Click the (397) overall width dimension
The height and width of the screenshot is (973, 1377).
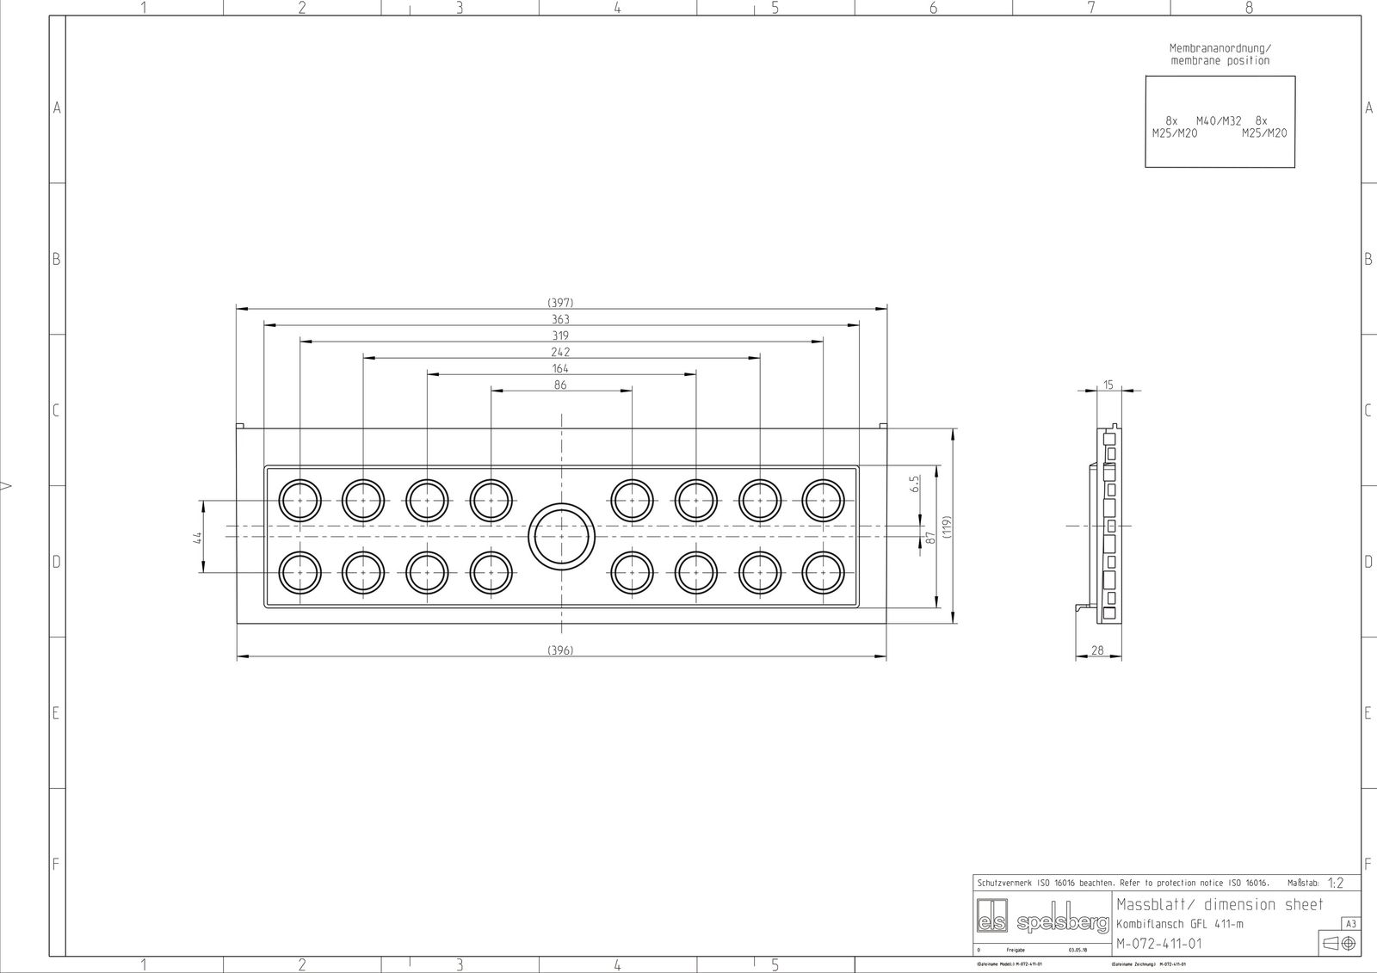pyautogui.click(x=560, y=303)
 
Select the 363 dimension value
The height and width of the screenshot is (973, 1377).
pyautogui.click(x=560, y=319)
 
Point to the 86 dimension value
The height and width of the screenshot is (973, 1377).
pyautogui.click(x=560, y=385)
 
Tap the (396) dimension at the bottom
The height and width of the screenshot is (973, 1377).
pyautogui.click(x=560, y=650)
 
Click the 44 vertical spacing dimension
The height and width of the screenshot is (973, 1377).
pyautogui.click(x=197, y=537)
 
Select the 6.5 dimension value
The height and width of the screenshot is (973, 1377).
pyautogui.click(x=915, y=483)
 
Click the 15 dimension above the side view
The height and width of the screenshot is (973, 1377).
pyautogui.click(x=1108, y=385)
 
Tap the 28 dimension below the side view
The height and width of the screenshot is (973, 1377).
pyautogui.click(x=1097, y=650)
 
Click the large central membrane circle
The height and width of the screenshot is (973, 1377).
pyautogui.click(x=561, y=535)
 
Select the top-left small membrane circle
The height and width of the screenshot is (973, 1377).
pyautogui.click(x=299, y=500)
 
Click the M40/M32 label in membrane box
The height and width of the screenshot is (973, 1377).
pyautogui.click(x=1219, y=121)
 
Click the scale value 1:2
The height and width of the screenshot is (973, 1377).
pyautogui.click(x=1335, y=883)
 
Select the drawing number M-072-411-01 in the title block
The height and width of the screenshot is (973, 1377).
pyautogui.click(x=1158, y=944)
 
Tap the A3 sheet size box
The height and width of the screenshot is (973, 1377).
pyautogui.click(x=1350, y=924)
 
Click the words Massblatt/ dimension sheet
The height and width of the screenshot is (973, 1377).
pyautogui.click(x=1220, y=904)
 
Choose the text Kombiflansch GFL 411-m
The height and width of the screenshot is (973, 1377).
pyautogui.click(x=1180, y=924)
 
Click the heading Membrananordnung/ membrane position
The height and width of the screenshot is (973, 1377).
pyautogui.click(x=1220, y=54)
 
